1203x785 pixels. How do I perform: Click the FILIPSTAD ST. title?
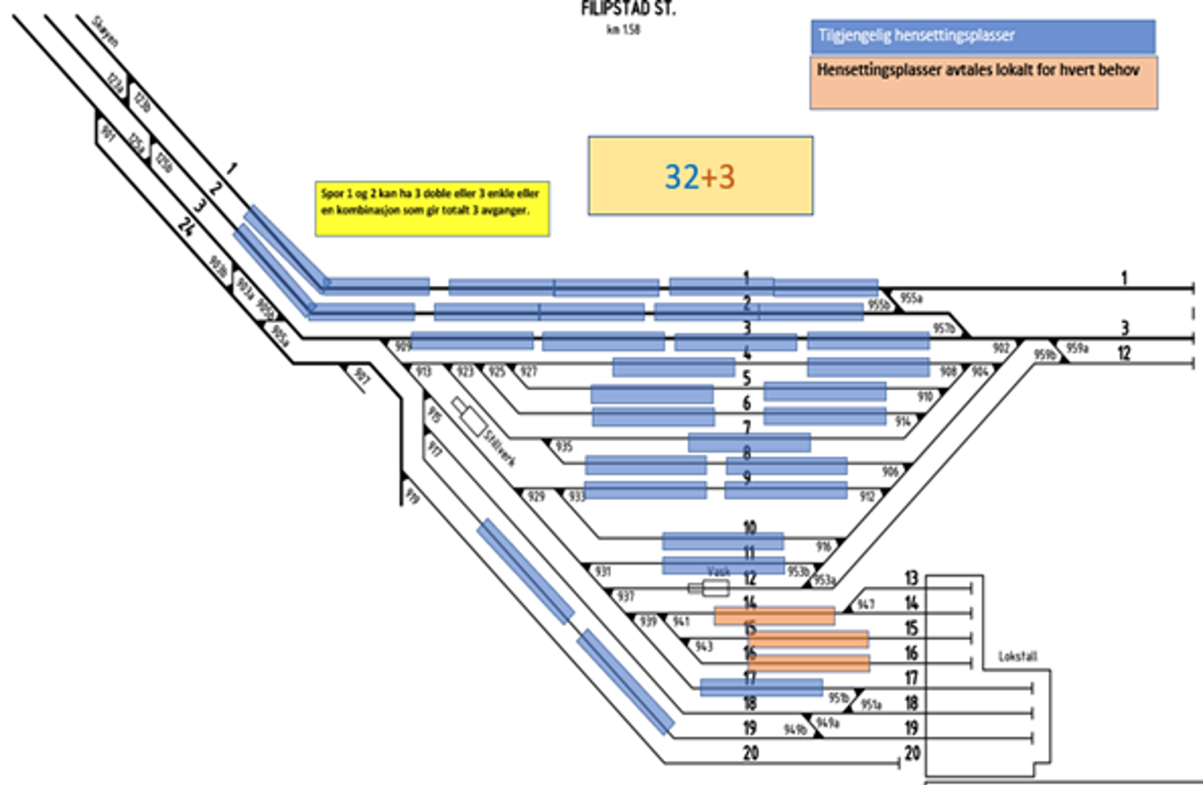(x=628, y=9)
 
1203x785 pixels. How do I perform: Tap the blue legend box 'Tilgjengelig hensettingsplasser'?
(x=983, y=36)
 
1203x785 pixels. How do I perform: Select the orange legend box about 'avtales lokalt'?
(x=983, y=82)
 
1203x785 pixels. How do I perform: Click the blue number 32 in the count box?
(x=681, y=177)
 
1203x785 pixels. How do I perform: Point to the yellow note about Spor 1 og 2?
(x=432, y=208)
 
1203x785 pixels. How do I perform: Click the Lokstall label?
(x=1017, y=656)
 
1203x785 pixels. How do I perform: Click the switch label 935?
(x=564, y=447)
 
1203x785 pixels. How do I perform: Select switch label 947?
(x=865, y=604)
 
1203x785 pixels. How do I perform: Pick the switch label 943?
(x=703, y=647)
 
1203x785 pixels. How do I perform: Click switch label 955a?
(x=911, y=299)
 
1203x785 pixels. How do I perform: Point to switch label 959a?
(x=1077, y=348)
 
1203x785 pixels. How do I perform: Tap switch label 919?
(x=412, y=496)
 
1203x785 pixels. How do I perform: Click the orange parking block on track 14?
(x=774, y=617)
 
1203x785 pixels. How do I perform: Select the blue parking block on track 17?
(x=761, y=686)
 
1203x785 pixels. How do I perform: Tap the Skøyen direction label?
(x=105, y=31)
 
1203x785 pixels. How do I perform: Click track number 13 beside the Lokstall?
(x=911, y=577)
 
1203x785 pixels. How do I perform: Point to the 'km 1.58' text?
(x=623, y=29)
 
